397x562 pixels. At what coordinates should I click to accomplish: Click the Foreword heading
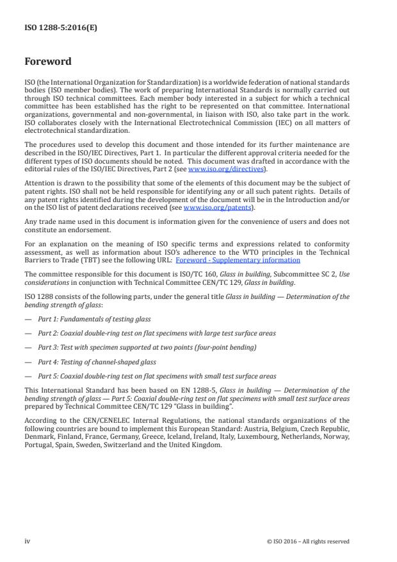[x=48, y=62]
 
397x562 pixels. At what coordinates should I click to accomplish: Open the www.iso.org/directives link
[x=217, y=169]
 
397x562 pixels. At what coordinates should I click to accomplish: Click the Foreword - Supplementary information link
[x=247, y=260]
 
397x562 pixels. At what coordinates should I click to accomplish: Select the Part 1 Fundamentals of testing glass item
[x=95, y=319]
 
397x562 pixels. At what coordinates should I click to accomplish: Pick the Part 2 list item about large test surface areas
[x=158, y=333]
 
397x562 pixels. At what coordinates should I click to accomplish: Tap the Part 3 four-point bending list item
[x=147, y=347]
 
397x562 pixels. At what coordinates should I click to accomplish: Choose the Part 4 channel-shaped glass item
[x=102, y=361]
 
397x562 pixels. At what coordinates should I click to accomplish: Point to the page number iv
[x=27, y=541]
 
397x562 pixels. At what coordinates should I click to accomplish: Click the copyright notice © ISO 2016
[x=308, y=541]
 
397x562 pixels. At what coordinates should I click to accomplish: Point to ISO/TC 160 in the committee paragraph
[x=191, y=272]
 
